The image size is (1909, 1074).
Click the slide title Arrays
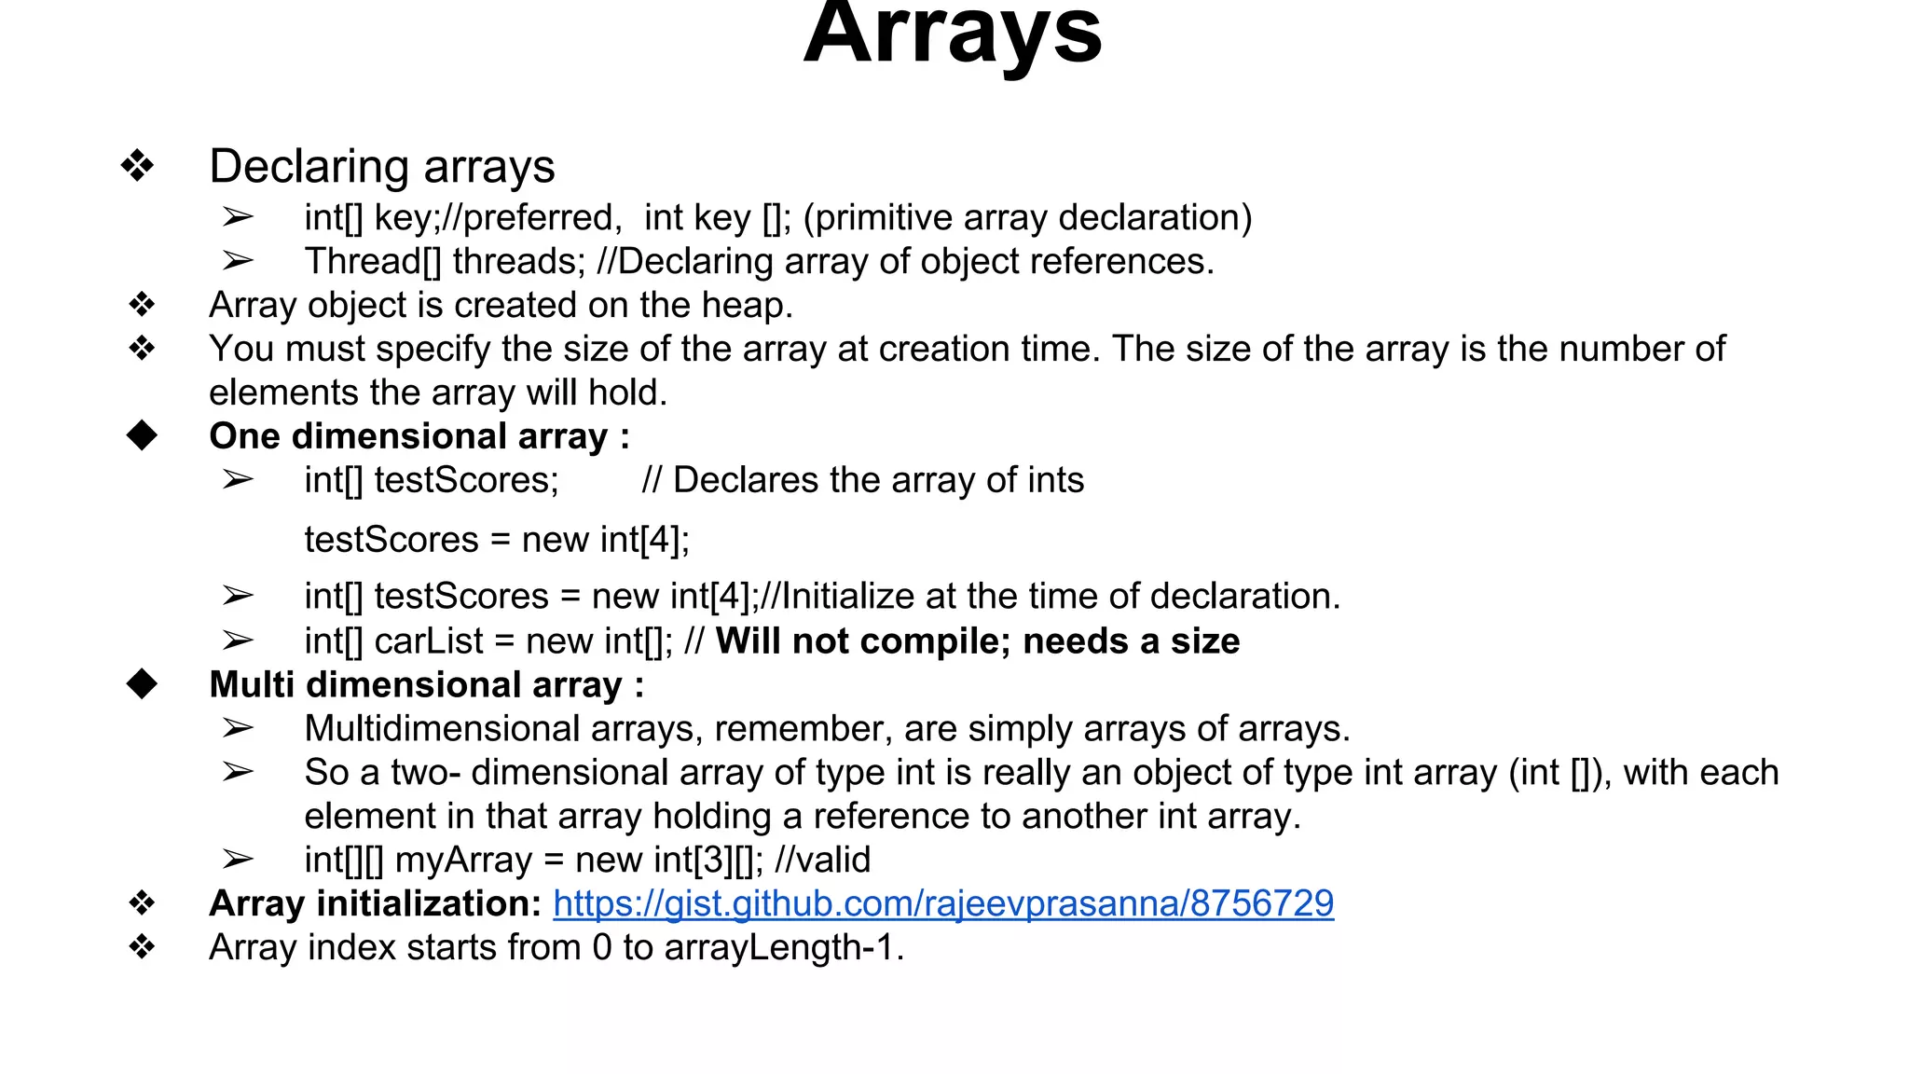point(953,35)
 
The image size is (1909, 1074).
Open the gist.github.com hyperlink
point(942,903)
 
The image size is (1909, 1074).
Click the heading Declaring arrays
point(381,167)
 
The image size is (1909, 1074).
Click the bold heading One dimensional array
point(419,436)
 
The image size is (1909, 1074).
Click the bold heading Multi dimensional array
point(426,685)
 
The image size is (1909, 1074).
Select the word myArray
point(463,860)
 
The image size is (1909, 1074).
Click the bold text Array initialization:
point(375,903)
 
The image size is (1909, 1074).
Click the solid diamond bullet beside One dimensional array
point(143,435)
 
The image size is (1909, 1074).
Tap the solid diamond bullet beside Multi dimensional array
point(143,684)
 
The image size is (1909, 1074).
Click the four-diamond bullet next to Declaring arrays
point(138,166)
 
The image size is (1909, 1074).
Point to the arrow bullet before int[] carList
point(238,640)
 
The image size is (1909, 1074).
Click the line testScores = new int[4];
point(497,540)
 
